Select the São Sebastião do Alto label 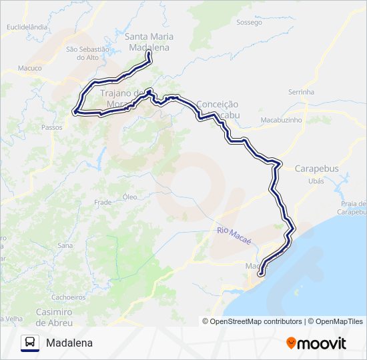87,53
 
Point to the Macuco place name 30,68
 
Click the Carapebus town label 316,169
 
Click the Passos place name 51,127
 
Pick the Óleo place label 129,197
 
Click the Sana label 65,245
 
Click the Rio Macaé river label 234,235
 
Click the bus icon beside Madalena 30,343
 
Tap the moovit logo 316,343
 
